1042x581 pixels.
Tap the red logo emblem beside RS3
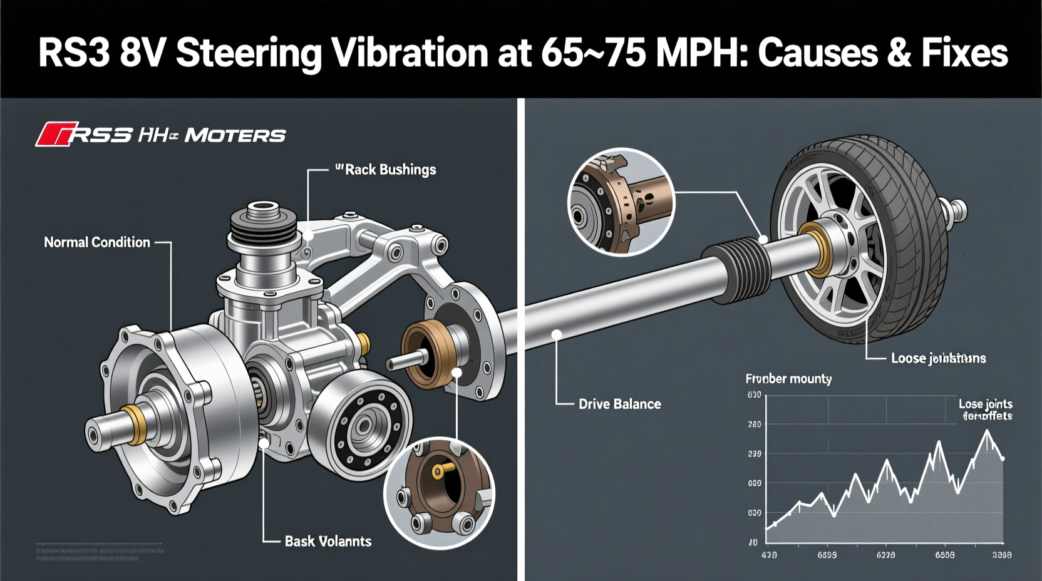tap(55, 135)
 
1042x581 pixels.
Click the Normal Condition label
tap(97, 242)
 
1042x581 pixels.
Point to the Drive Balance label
tap(619, 404)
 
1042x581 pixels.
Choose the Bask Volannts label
tap(328, 542)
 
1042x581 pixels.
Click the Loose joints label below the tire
tap(938, 359)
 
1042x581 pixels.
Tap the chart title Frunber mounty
tap(788, 379)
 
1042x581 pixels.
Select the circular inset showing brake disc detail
tap(621, 202)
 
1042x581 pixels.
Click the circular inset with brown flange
tap(439, 493)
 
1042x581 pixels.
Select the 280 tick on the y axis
tap(755, 424)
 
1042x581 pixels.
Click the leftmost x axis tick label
tap(769, 555)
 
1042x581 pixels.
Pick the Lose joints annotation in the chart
tap(986, 409)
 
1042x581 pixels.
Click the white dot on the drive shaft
tap(556, 335)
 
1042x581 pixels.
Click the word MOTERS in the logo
tap(235, 135)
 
